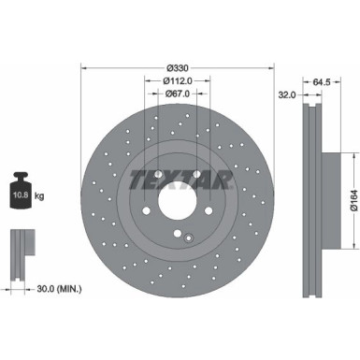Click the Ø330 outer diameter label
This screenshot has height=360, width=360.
(x=179, y=66)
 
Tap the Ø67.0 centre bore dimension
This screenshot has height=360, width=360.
(x=178, y=94)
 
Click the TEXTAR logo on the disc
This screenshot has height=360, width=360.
(x=179, y=178)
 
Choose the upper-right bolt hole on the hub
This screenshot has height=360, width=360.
(x=197, y=173)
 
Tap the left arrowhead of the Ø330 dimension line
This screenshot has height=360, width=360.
(x=85, y=66)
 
